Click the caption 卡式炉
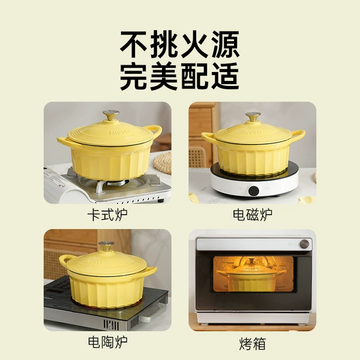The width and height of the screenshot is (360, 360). [x=107, y=215]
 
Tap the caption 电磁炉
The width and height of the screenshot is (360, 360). [x=253, y=215]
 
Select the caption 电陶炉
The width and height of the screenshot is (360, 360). [x=107, y=342]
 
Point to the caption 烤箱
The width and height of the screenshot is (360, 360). [x=253, y=344]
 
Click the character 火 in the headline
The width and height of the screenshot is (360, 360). [x=194, y=44]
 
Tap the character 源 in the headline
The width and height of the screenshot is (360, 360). [x=226, y=44]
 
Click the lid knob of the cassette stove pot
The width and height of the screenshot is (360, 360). [x=111, y=115]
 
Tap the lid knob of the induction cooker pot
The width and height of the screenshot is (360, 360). [x=253, y=116]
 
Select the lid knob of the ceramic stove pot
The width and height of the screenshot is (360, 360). [x=106, y=246]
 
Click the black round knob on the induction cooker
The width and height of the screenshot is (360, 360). [x=254, y=191]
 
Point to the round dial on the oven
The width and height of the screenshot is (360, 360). [x=304, y=244]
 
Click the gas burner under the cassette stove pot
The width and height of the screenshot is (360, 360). [x=113, y=183]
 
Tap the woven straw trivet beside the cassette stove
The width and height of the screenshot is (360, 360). [x=163, y=163]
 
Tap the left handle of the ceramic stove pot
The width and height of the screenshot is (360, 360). [x=65, y=259]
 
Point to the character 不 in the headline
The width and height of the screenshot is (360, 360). [x=133, y=44]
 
